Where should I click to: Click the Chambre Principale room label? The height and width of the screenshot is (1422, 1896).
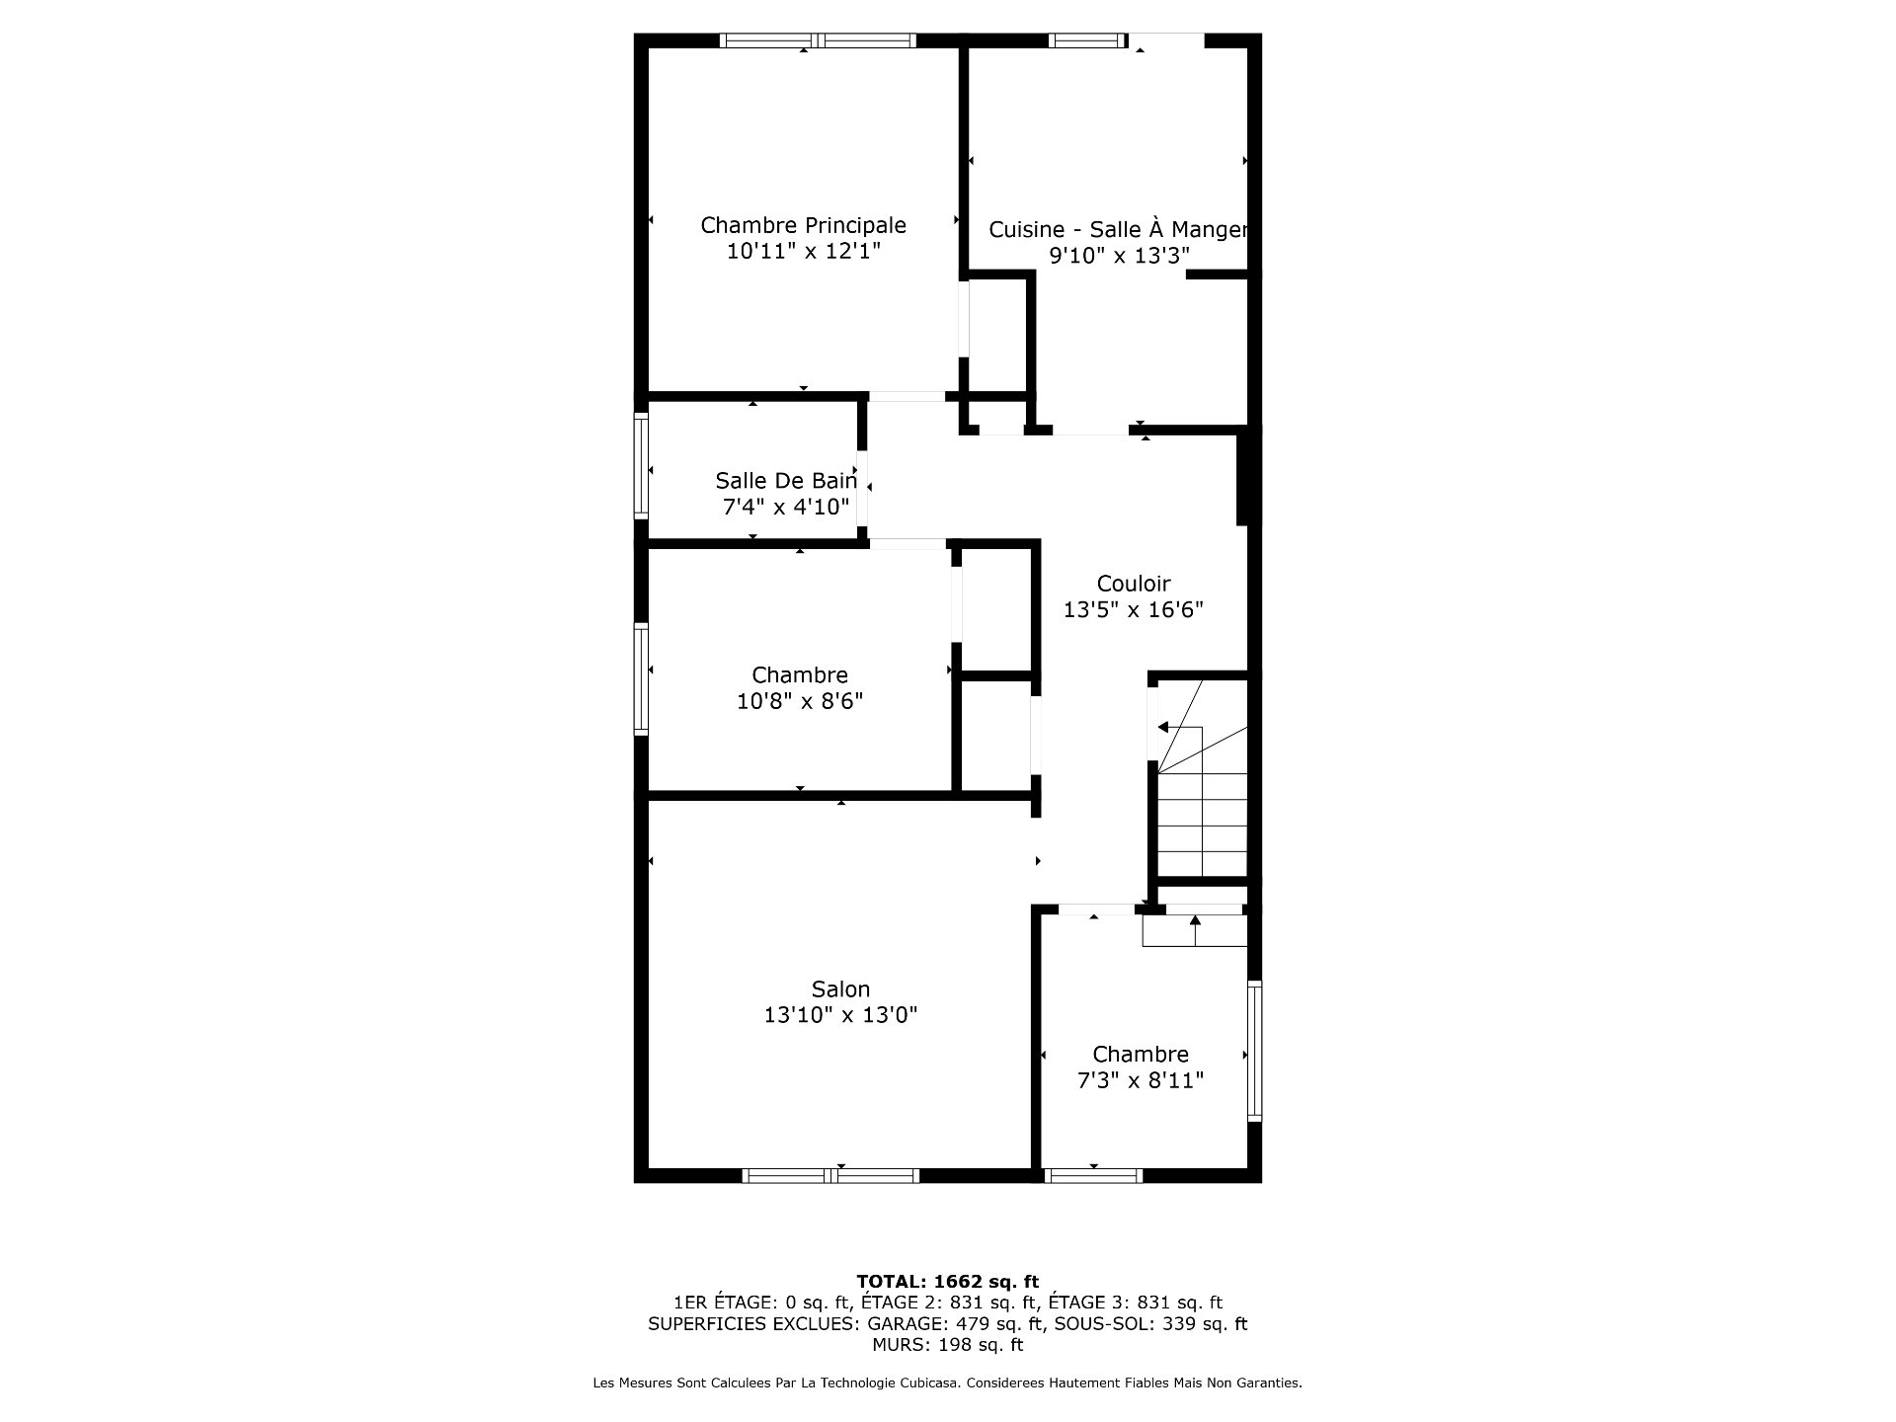point(803,225)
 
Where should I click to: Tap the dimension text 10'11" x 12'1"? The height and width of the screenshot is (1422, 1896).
point(803,251)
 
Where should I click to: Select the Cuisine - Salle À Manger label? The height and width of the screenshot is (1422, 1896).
point(1119,229)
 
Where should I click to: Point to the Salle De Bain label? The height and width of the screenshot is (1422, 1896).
point(786,481)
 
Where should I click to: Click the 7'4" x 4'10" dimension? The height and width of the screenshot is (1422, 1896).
point(786,507)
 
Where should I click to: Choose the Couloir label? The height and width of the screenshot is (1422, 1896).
point(1134,584)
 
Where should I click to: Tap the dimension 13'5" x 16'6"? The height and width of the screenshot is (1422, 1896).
point(1134,609)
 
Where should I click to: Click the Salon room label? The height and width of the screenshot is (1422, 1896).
point(840,988)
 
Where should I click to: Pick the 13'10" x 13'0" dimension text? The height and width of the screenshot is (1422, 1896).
point(840,1014)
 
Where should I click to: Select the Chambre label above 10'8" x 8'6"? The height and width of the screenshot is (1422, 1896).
point(800,675)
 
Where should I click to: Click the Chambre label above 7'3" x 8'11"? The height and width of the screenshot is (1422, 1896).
point(1141,1055)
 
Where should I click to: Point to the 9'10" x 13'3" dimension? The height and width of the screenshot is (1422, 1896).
point(1119,255)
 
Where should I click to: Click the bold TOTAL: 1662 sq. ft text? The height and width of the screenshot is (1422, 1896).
point(948,1282)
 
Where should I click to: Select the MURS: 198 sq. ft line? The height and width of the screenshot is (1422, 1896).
point(948,1345)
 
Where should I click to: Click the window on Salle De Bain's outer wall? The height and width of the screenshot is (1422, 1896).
point(641,465)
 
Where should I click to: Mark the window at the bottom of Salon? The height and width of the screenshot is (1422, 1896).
point(830,1175)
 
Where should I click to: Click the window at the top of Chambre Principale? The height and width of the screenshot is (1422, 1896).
point(818,40)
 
